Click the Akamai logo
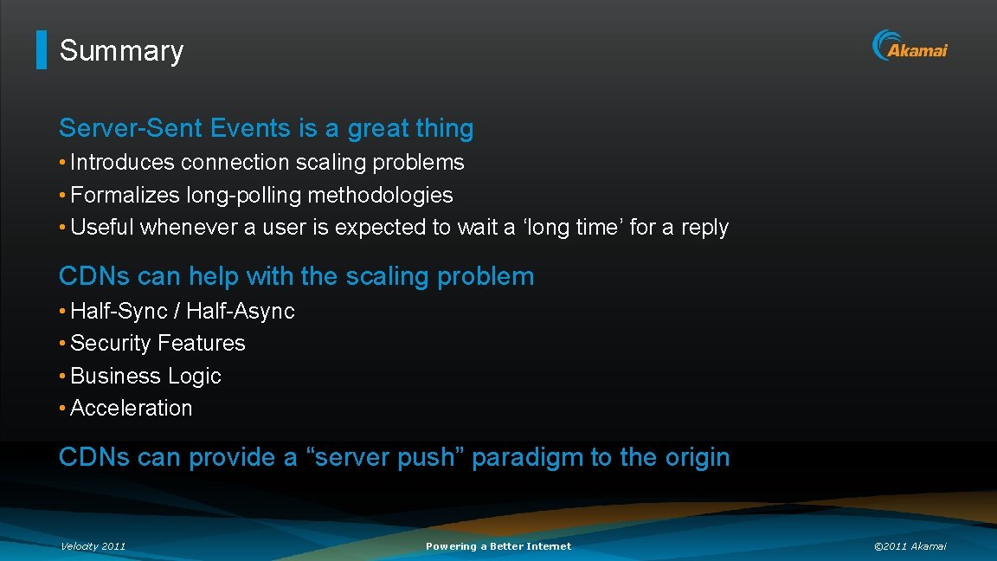click(910, 46)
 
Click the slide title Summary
click(121, 51)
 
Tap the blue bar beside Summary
click(41, 50)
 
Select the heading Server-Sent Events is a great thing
click(266, 128)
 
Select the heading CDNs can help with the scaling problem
click(296, 276)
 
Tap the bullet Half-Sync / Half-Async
click(182, 311)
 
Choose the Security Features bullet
click(158, 344)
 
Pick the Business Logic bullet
click(145, 377)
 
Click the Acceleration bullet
click(131, 408)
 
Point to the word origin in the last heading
click(697, 457)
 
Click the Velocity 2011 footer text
click(93, 546)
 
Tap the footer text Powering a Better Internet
click(498, 546)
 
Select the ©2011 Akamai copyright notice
click(910, 546)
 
